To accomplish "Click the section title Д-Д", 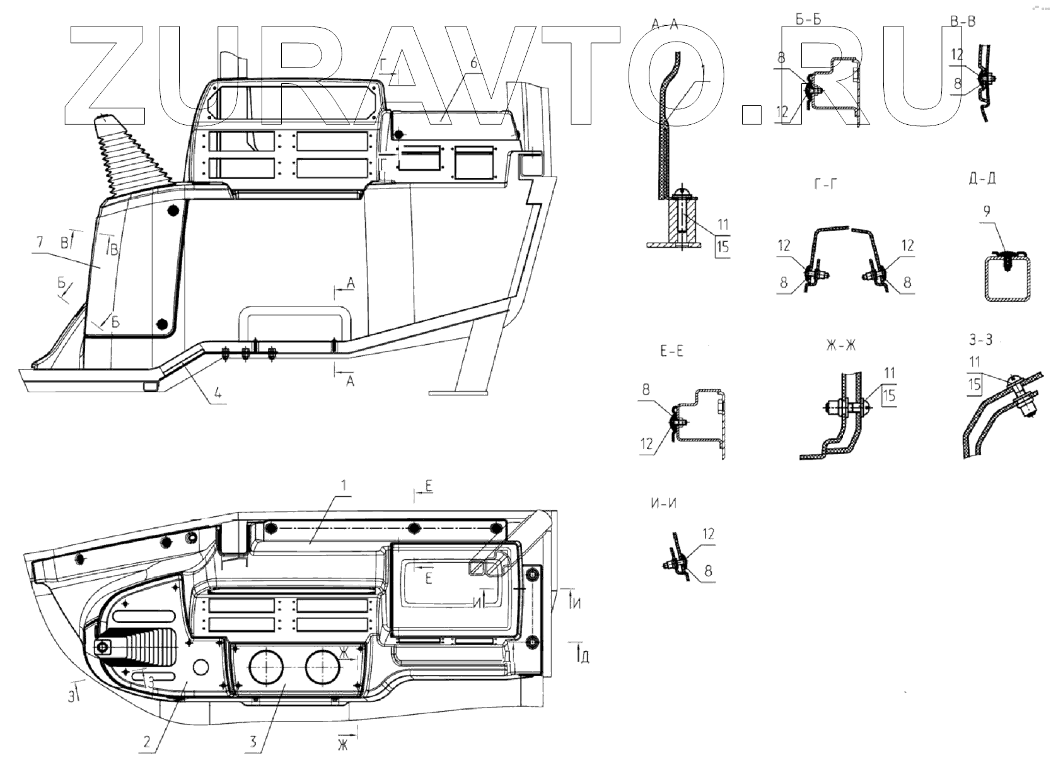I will pyautogui.click(x=982, y=178).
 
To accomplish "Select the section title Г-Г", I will pyautogui.click(x=826, y=185).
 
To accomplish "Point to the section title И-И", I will pyautogui.click(x=663, y=503).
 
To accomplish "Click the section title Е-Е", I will pyautogui.click(x=671, y=352).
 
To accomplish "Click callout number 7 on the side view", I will pyautogui.click(x=40, y=242).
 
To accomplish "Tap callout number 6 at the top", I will pyautogui.click(x=473, y=64).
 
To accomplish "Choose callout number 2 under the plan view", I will pyautogui.click(x=147, y=742).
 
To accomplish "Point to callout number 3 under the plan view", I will pyautogui.click(x=253, y=742).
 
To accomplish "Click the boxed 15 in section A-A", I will pyautogui.click(x=723, y=246).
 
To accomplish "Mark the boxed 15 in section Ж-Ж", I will pyautogui.click(x=889, y=395).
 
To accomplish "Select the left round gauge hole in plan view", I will pyautogui.click(x=266, y=669).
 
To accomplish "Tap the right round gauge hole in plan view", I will pyautogui.click(x=323, y=669).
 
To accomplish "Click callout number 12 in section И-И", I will pyautogui.click(x=708, y=535).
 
